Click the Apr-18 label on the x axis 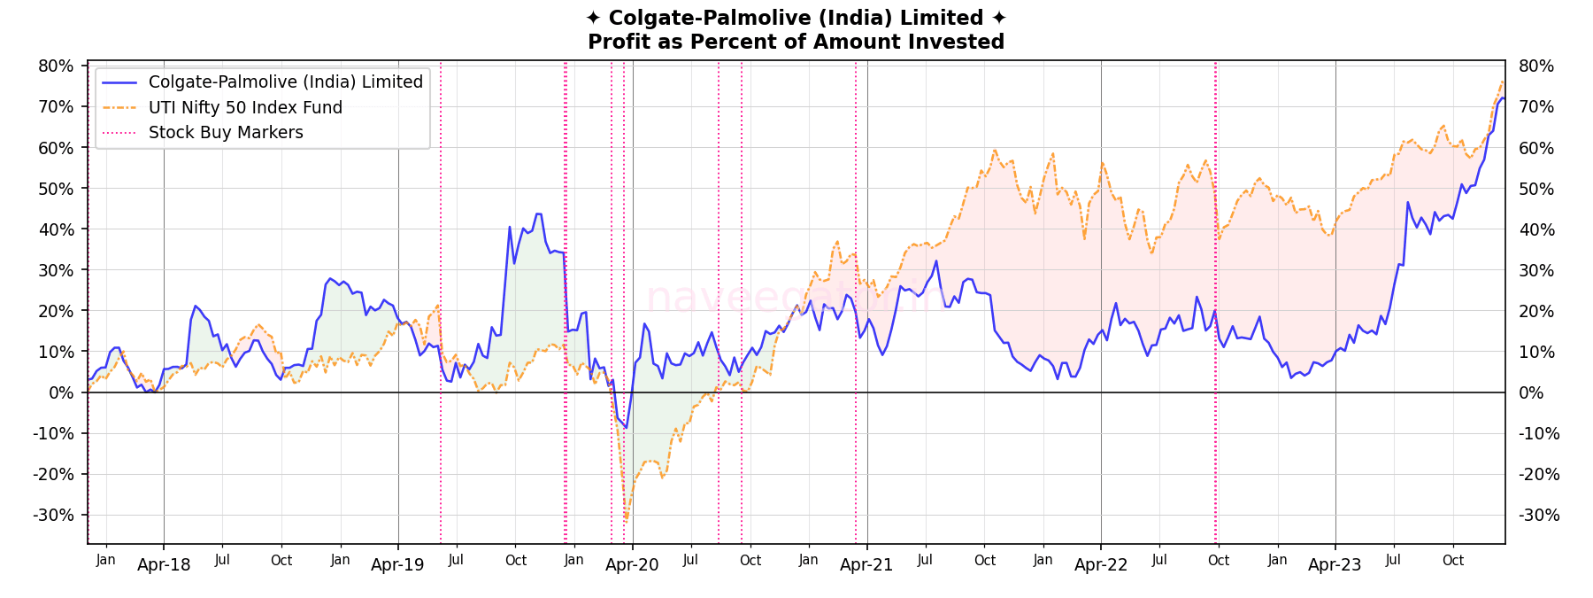click(164, 565)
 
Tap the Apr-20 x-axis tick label click(632, 565)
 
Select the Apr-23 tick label click(1335, 565)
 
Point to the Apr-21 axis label click(866, 565)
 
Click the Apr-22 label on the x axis click(1101, 565)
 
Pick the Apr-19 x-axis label click(397, 565)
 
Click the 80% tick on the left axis click(56, 66)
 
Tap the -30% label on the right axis click(1539, 516)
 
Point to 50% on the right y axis click(1536, 189)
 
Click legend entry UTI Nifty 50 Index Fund click(245, 107)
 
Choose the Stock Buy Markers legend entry click(226, 133)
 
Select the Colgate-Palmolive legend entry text click(286, 82)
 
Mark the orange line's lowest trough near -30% click(626, 521)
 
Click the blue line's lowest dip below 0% click(626, 428)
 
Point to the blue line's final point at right click(1503, 98)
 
